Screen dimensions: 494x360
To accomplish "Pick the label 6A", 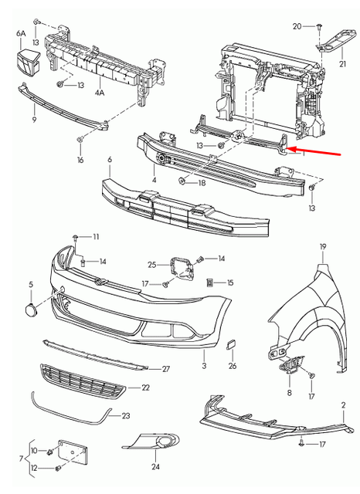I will pos(21,35).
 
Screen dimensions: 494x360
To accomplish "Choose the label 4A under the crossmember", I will pos(100,92).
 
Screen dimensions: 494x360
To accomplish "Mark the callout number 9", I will pos(34,120).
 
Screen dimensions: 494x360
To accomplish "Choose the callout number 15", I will pos(229,283).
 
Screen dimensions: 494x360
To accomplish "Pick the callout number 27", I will pos(165,369).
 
